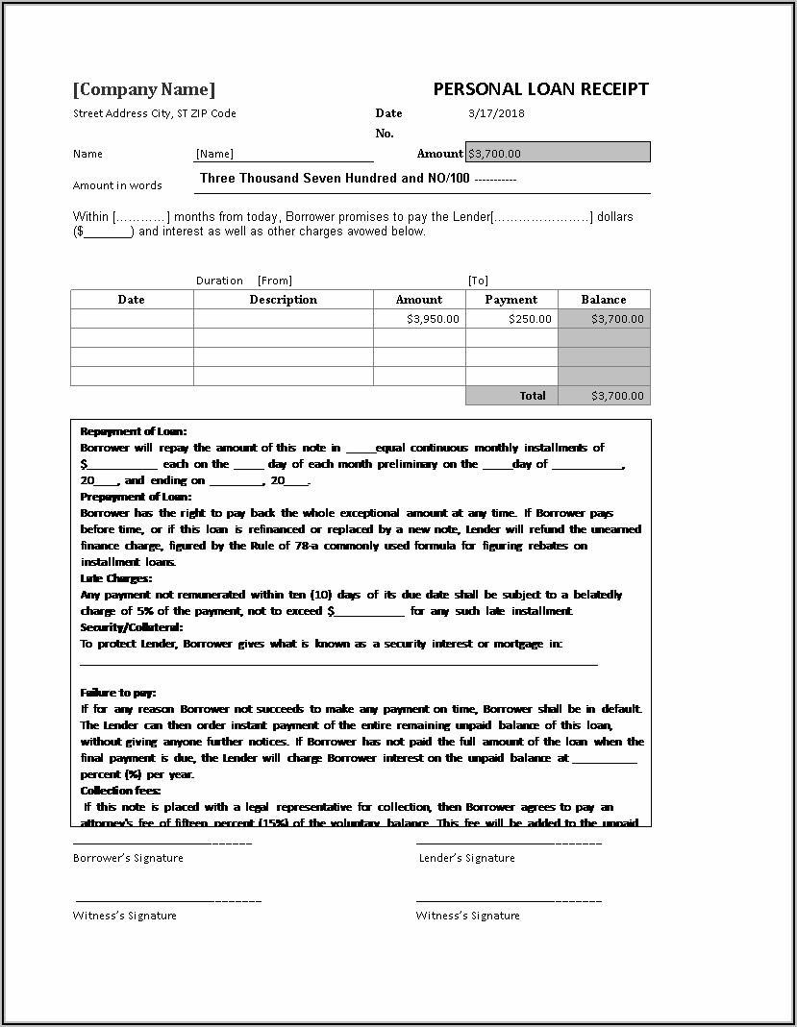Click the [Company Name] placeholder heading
(x=144, y=89)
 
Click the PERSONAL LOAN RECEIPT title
(x=540, y=89)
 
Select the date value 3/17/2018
(x=496, y=113)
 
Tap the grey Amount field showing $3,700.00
(x=558, y=153)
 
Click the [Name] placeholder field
(x=214, y=154)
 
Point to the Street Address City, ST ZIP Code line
(x=154, y=113)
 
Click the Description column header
(x=283, y=300)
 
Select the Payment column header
(x=511, y=300)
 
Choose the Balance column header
(x=603, y=300)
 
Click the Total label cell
(x=532, y=396)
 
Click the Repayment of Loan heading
(x=134, y=431)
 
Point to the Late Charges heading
(x=115, y=578)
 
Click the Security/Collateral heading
(x=132, y=627)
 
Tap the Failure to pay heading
(x=117, y=693)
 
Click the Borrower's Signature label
(x=128, y=858)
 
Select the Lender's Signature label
(x=466, y=858)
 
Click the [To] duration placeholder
(x=478, y=281)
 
